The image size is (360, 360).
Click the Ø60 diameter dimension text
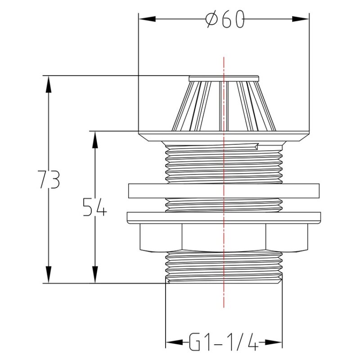(225, 19)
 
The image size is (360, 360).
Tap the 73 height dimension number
(49, 179)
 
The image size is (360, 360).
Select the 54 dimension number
(95, 207)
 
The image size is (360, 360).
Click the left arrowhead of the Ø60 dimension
(147, 19)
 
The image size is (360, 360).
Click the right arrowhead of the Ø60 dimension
(301, 19)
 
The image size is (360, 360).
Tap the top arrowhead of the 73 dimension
(49, 84)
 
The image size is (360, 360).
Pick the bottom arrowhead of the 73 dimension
(49, 275)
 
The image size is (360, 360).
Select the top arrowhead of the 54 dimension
(95, 139)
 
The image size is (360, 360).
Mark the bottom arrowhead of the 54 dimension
(95, 275)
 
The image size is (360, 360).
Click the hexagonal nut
(224, 238)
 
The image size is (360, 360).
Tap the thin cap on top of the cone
(224, 78)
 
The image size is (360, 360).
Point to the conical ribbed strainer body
(224, 106)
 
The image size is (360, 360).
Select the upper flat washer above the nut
(224, 191)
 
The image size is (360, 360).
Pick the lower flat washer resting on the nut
(224, 218)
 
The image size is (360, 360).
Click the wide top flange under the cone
(224, 136)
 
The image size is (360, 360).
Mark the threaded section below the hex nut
(224, 268)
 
